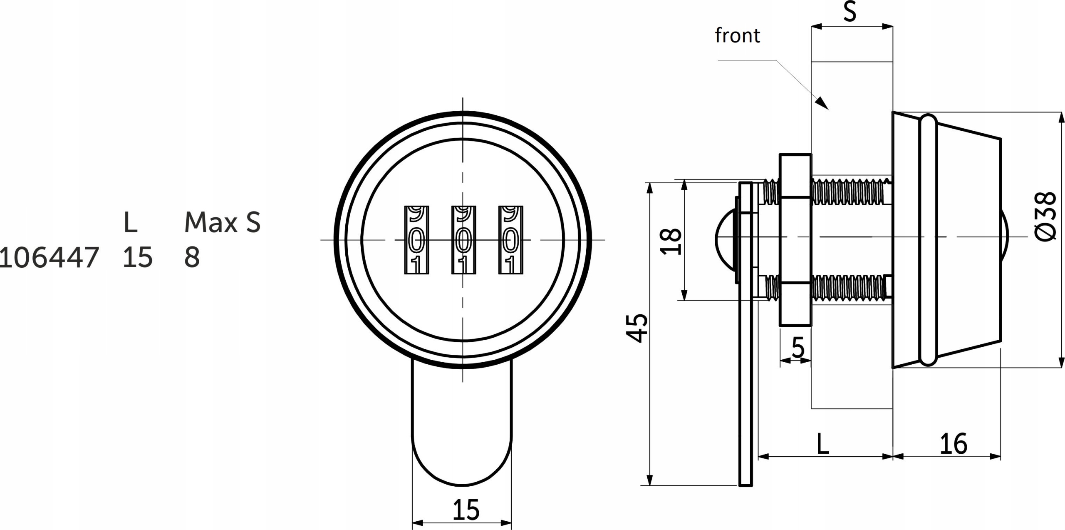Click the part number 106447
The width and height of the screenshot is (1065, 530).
click(x=49, y=257)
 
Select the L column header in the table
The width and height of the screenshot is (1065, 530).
click(x=131, y=222)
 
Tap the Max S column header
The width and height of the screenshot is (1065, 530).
click(x=222, y=222)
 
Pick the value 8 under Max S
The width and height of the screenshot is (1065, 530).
click(x=192, y=257)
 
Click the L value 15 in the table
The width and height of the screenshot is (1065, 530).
click(x=138, y=257)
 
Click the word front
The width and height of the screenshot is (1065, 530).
click(x=737, y=36)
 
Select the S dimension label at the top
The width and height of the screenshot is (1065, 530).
click(x=850, y=12)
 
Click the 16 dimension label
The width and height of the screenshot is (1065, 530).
click(x=954, y=444)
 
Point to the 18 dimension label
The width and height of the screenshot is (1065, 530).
click(x=671, y=241)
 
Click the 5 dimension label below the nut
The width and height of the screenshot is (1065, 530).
click(x=798, y=348)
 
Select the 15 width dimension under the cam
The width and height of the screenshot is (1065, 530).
click(x=466, y=510)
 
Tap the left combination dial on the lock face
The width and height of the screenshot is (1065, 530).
click(x=417, y=240)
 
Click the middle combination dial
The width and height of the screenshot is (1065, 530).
click(x=464, y=240)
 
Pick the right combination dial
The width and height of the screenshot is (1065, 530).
click(x=511, y=240)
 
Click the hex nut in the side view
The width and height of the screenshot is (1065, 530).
click(x=795, y=240)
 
